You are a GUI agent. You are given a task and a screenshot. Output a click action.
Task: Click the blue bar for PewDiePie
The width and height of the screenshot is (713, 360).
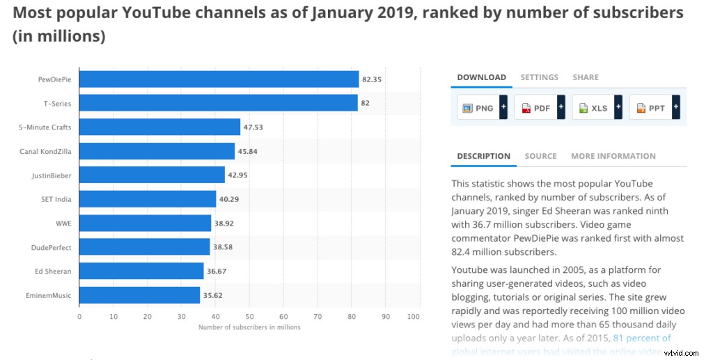(219, 79)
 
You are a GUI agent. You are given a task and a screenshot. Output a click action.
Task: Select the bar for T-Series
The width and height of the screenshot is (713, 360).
(218, 103)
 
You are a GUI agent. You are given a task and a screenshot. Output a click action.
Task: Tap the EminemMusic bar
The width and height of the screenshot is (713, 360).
(139, 295)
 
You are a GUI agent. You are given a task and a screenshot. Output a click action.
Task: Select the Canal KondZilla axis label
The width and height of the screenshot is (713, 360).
(45, 151)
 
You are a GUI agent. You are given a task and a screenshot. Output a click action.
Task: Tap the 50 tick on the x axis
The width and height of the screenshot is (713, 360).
(249, 317)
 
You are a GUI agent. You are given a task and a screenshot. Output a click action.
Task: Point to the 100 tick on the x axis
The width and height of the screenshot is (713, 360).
(414, 317)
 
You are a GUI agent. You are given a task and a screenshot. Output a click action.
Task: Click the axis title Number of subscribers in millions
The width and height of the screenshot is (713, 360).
(249, 327)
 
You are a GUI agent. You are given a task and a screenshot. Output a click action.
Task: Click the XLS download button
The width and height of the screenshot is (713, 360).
(593, 108)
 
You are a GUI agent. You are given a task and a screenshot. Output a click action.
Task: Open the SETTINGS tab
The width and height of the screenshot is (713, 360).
(539, 77)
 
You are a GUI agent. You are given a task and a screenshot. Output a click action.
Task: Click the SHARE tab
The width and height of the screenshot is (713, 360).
(585, 77)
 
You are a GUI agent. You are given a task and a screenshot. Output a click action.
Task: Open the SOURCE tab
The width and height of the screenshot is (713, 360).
(540, 156)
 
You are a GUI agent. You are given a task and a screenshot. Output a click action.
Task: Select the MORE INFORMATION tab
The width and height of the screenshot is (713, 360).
(613, 156)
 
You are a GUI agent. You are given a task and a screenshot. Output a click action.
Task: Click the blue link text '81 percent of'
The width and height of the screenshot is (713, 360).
(641, 338)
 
